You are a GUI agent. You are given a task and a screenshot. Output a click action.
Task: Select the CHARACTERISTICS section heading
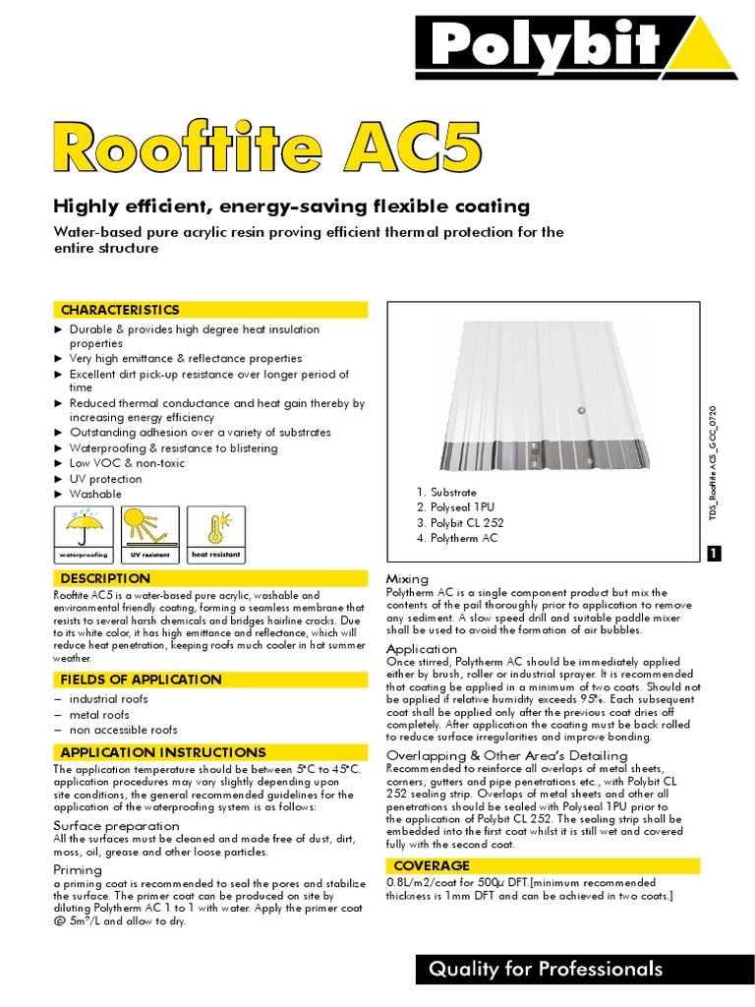[120, 310]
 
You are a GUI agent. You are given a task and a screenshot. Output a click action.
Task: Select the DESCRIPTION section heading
[105, 578]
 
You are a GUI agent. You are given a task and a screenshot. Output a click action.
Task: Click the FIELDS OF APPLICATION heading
[141, 680]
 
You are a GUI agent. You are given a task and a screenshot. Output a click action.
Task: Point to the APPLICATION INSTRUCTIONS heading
[163, 752]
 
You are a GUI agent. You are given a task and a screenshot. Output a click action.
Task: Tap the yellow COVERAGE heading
[432, 865]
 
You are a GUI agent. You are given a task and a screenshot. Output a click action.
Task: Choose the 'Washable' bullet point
[95, 494]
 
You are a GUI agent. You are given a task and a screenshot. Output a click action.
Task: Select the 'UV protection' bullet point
[105, 479]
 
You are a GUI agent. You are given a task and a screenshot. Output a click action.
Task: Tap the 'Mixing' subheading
[407, 579]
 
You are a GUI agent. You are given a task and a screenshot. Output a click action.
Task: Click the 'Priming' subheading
[77, 870]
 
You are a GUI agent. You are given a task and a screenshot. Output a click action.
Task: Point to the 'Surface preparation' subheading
[116, 825]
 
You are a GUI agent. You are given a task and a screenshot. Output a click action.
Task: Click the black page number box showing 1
[715, 555]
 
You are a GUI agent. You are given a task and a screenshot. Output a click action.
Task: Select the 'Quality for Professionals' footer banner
[546, 970]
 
